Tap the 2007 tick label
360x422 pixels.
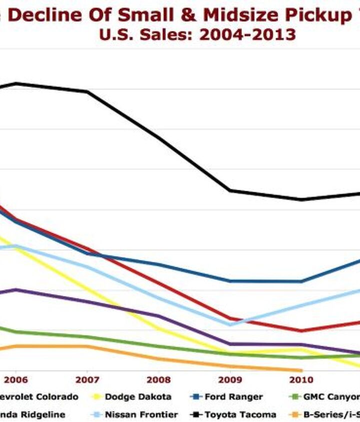click(87, 380)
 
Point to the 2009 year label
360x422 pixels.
click(230, 380)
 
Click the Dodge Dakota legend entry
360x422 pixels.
click(138, 397)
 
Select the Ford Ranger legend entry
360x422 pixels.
click(233, 397)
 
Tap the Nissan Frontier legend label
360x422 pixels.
click(141, 415)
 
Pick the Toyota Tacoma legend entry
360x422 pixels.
click(239, 415)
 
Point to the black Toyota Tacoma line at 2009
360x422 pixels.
click(230, 190)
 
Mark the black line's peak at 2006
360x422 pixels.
click(16, 83)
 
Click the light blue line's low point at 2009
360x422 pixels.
click(230, 325)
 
